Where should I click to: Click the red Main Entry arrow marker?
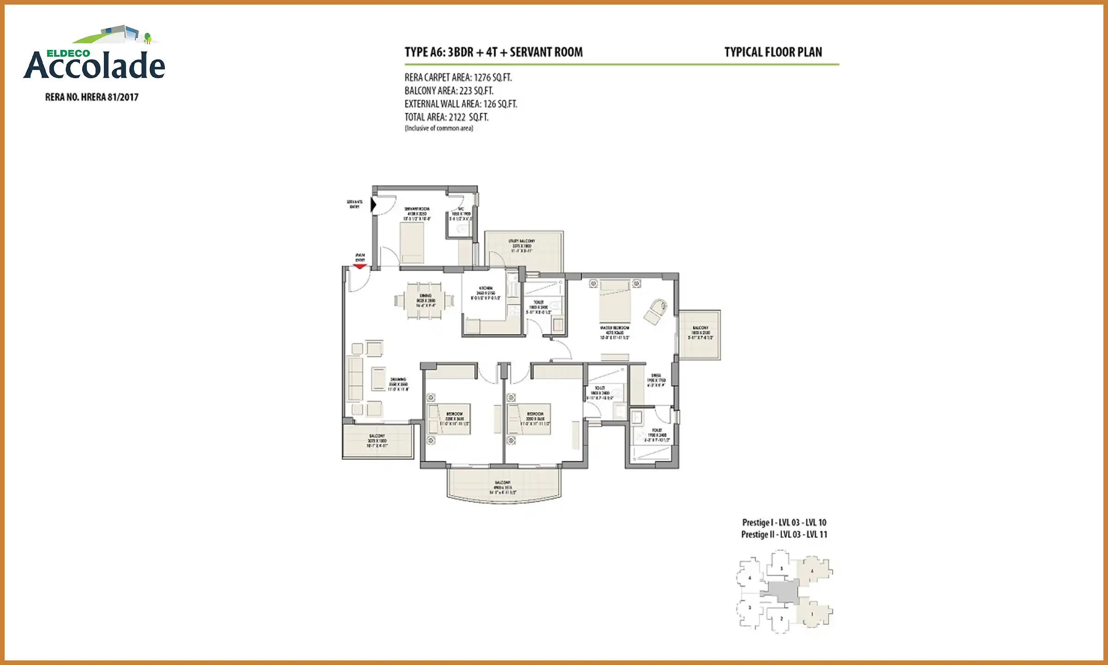[x=360, y=266]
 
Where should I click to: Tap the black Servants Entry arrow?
[x=373, y=205]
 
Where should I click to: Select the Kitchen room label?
[x=486, y=293]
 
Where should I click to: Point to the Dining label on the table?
[x=425, y=300]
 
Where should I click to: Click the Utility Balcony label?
[x=522, y=246]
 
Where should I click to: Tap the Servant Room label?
[x=417, y=214]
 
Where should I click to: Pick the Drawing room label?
[x=398, y=384]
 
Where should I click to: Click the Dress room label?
[x=656, y=380]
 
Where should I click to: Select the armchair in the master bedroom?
[x=656, y=311]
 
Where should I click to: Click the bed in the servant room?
[x=411, y=243]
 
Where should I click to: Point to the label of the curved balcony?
[x=503, y=487]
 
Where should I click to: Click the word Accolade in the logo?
[x=95, y=66]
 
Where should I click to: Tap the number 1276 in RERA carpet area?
[x=482, y=78]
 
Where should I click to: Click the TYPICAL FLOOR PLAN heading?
[x=773, y=52]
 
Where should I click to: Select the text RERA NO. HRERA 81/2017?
[x=92, y=97]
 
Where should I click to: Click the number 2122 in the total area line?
[x=457, y=117]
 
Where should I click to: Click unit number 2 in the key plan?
[x=782, y=618]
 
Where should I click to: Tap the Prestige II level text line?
[x=784, y=535]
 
